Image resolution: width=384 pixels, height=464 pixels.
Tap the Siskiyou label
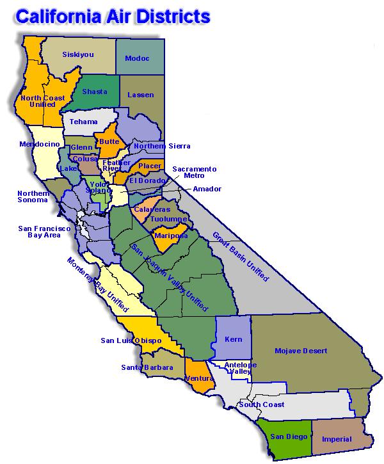point(77,54)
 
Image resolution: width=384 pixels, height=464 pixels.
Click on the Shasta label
point(95,92)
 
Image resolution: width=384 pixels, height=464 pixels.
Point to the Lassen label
point(141,95)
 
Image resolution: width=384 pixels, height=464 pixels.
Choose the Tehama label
point(84,122)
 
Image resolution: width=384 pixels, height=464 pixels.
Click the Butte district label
point(109,142)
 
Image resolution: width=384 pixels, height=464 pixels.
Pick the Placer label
point(150,165)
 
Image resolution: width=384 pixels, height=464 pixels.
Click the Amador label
point(207,189)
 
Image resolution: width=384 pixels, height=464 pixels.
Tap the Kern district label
point(234,339)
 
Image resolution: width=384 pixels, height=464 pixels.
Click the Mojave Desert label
point(300,351)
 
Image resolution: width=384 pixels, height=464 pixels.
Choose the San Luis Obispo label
point(131,340)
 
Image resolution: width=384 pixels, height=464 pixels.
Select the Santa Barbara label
point(147,367)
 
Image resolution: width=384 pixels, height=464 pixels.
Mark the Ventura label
point(199,378)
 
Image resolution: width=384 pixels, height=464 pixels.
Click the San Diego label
point(284,436)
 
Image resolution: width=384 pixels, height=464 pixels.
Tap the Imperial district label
point(337,439)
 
